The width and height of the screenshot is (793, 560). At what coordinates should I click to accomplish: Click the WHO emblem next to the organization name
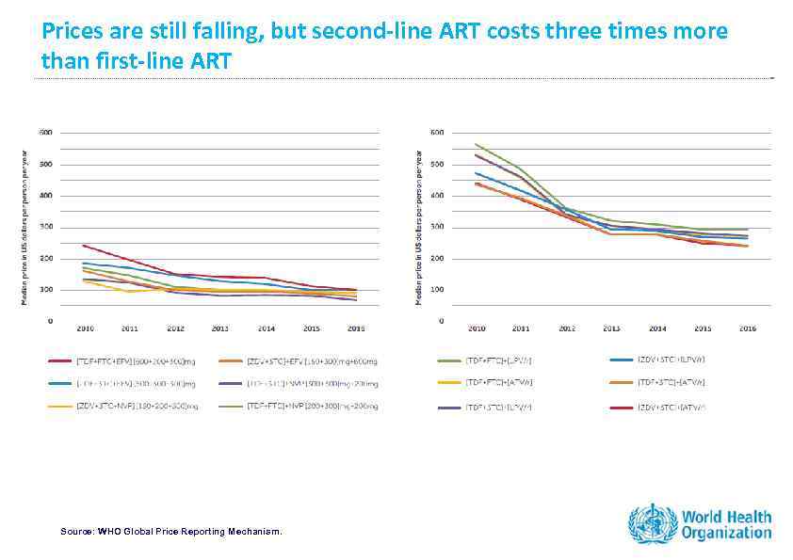(652, 523)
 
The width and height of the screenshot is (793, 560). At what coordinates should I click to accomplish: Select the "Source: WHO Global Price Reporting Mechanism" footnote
(170, 532)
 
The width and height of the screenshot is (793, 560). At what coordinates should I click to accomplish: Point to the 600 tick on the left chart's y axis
(45, 133)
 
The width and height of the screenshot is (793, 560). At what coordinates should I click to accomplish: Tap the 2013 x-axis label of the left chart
(219, 329)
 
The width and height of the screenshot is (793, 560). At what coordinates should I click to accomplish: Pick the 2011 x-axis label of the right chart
(520, 329)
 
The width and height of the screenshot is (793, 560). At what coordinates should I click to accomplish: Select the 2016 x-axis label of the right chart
(746, 329)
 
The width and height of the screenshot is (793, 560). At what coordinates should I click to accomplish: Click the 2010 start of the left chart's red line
(84, 245)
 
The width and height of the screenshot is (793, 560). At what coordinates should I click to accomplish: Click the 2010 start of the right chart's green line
(476, 144)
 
